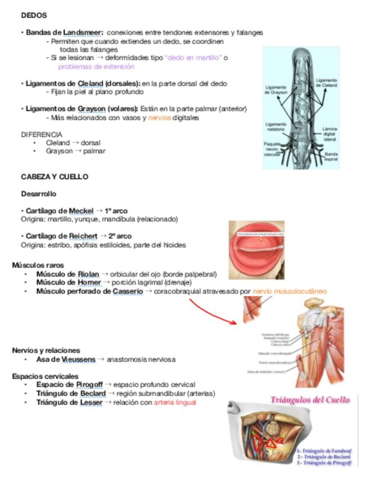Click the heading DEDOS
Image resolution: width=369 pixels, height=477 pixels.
[x=34, y=15]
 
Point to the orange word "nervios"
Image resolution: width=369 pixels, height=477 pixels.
[x=159, y=118]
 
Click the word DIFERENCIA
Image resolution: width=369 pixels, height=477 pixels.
[x=42, y=134]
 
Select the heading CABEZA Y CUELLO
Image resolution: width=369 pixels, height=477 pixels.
[x=55, y=177]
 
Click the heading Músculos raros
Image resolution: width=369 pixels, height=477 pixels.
[x=38, y=264]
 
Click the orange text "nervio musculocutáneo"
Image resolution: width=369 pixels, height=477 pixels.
[x=289, y=291]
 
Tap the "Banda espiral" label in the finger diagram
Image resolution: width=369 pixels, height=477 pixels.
[x=331, y=156]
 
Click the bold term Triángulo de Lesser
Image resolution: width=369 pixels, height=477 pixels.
[x=69, y=403]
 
